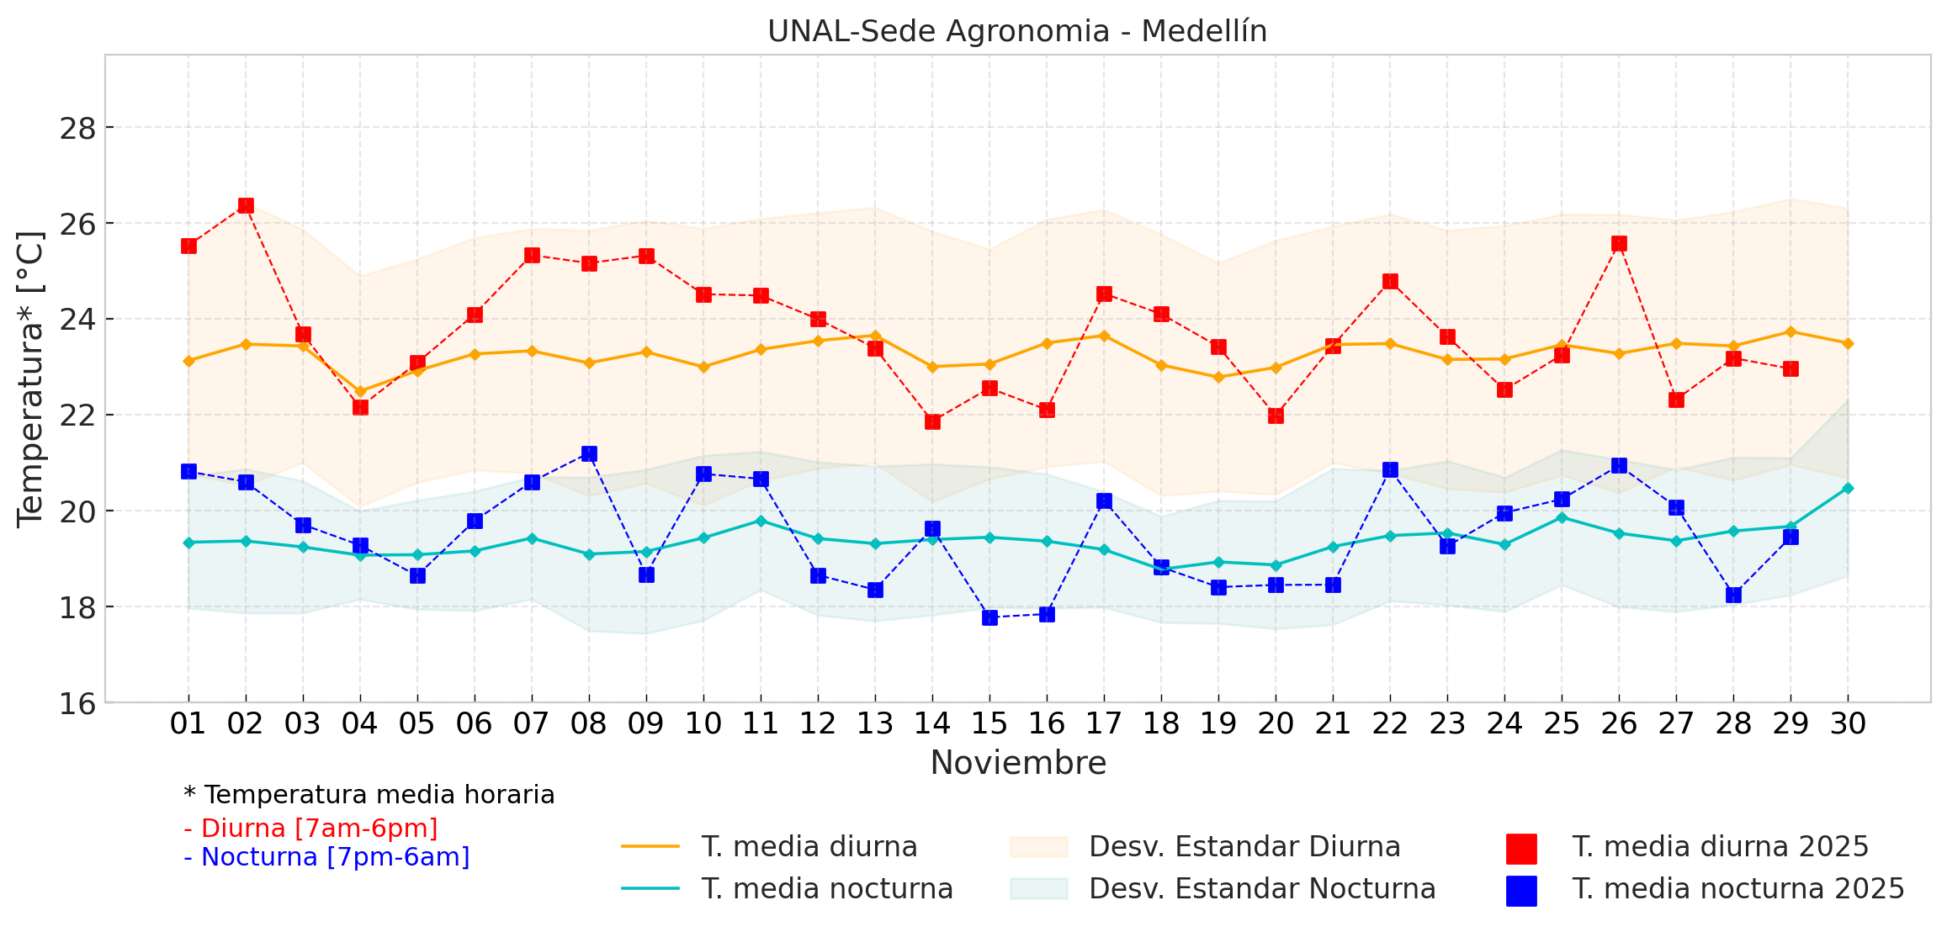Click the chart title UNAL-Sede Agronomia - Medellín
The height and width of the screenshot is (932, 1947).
click(1016, 31)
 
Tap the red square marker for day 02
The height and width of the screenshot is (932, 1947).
click(246, 206)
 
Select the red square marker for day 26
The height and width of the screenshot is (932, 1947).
click(1619, 244)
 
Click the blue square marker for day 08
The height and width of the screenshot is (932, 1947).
click(589, 454)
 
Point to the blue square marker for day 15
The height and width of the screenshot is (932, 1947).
click(989, 617)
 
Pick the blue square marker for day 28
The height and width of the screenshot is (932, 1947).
click(1733, 595)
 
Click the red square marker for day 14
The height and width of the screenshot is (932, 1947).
click(932, 421)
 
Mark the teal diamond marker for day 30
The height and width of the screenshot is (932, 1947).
click(1848, 488)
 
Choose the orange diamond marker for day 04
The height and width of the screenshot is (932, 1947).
click(360, 391)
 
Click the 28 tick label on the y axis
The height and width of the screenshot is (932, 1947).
click(77, 129)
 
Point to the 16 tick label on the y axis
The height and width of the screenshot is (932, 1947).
click(77, 703)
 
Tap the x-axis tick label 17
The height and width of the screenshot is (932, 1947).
click(1104, 723)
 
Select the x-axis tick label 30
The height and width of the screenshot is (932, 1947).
click(1848, 723)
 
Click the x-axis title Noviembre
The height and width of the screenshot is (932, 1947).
click(1018, 763)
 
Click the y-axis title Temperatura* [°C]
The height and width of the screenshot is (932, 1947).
click(30, 379)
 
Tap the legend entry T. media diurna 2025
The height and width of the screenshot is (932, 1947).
click(1720, 846)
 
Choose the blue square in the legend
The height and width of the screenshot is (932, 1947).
click(1521, 891)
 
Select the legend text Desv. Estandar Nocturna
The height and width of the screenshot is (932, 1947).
click(1262, 888)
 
